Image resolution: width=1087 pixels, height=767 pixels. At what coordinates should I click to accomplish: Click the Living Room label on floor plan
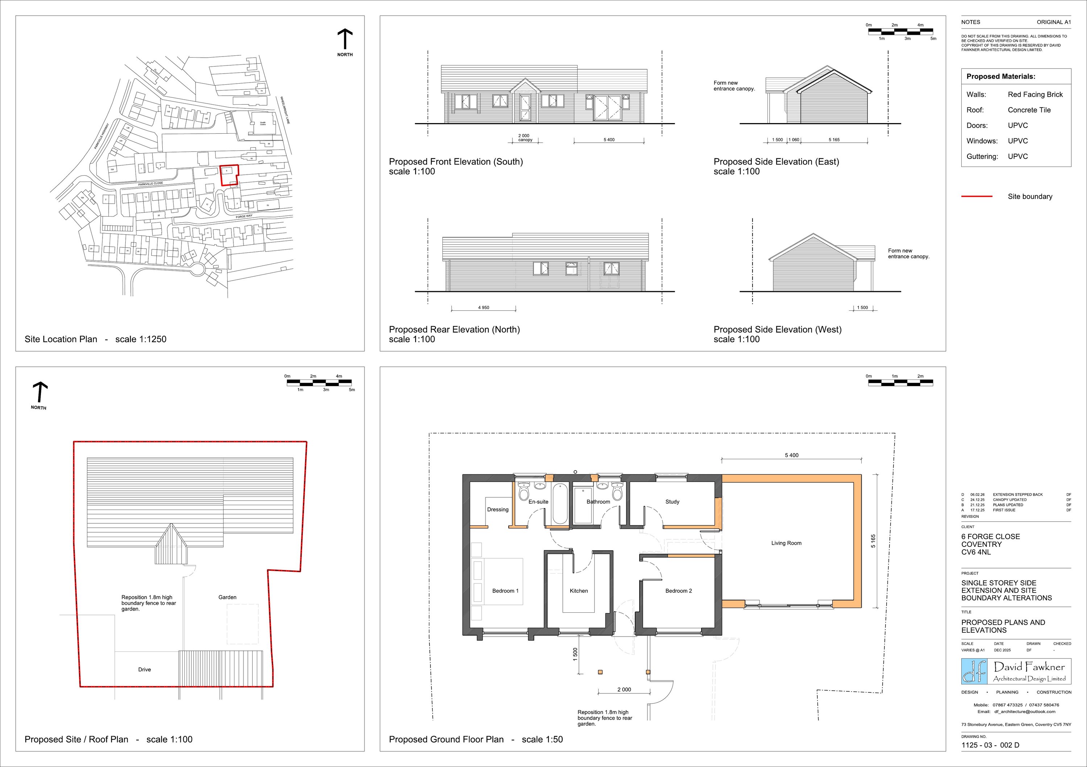(786, 543)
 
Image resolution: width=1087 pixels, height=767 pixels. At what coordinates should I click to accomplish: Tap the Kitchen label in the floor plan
(579, 591)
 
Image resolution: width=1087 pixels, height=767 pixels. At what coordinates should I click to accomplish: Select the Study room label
(672, 502)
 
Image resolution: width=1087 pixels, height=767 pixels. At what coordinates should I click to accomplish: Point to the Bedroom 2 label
(678, 591)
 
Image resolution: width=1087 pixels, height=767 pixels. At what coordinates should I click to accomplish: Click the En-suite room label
(538, 502)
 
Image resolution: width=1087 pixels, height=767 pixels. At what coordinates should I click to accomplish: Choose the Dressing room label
(497, 510)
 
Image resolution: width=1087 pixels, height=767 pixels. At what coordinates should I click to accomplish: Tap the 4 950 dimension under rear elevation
(483, 307)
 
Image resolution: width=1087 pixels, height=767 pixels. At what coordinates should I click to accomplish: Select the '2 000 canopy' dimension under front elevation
(525, 138)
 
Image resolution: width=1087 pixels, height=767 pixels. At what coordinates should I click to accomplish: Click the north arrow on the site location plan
(345, 40)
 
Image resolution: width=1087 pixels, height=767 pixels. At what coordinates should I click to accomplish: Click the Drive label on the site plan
(145, 670)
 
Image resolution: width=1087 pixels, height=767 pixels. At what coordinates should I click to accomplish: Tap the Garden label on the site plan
(227, 597)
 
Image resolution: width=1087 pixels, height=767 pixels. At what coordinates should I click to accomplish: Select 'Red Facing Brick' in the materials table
(1035, 95)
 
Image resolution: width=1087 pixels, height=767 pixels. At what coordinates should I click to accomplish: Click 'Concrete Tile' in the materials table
(1029, 110)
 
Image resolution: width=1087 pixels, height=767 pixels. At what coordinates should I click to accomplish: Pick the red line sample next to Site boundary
(976, 196)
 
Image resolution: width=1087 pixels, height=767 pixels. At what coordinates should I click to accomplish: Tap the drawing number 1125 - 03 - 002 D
(990, 745)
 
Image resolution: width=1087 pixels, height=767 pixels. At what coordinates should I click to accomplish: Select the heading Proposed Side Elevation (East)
(776, 162)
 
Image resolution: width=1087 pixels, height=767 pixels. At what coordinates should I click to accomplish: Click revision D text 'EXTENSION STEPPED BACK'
(1017, 494)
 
